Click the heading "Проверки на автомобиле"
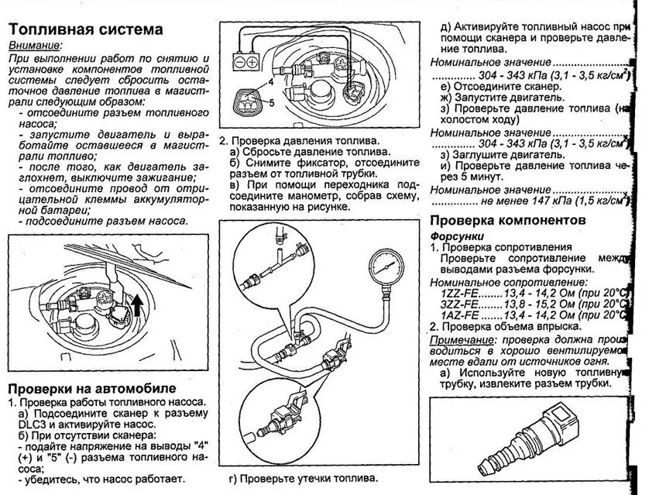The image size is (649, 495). (x=91, y=387)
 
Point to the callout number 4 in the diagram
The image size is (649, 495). (x=272, y=81)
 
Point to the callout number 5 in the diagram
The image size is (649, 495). (x=270, y=101)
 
